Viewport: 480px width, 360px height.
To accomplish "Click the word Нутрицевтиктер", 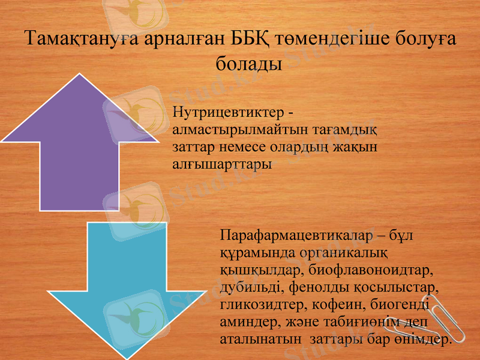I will (225, 112).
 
